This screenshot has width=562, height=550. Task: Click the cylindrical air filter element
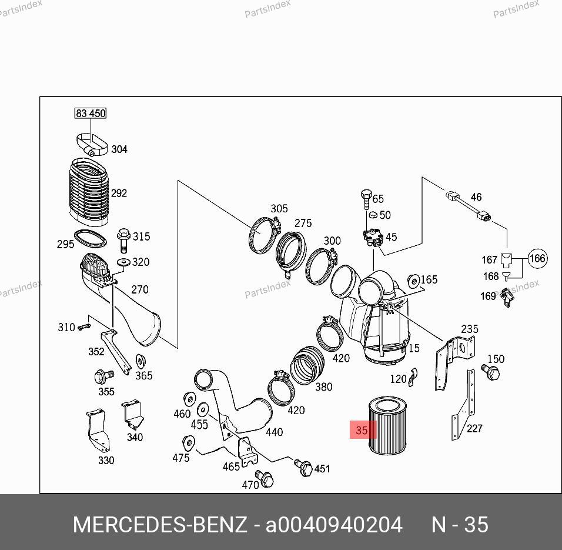pos(387,426)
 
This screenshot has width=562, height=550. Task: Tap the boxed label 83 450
pos(90,113)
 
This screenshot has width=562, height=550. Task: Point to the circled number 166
pos(537,258)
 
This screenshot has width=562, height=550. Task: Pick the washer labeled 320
pos(124,262)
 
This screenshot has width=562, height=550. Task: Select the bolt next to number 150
pos(490,371)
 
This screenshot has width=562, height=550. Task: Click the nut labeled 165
pos(412,279)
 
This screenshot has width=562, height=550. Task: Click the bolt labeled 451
pos(305,468)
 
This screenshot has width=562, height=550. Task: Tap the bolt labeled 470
pos(265,479)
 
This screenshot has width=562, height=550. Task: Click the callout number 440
pos(274,432)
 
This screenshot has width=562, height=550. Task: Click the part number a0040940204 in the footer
pos(334,524)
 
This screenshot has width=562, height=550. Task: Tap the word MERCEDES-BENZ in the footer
pos(159,524)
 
